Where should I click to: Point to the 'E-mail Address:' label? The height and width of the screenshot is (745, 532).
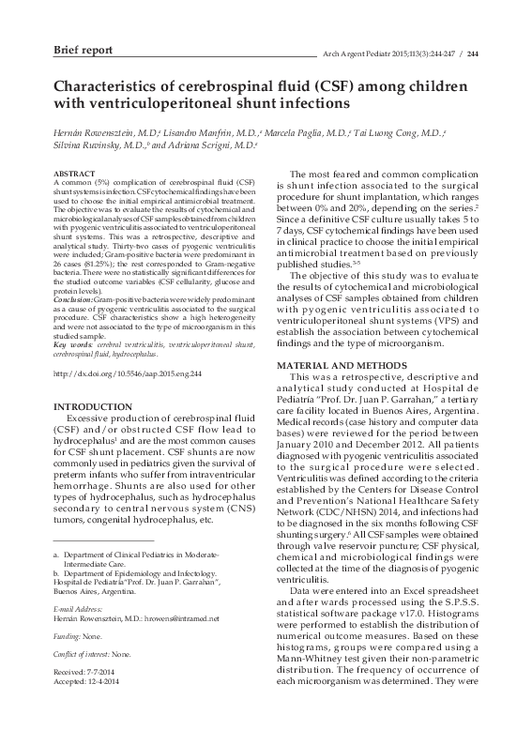(x=81, y=608)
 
